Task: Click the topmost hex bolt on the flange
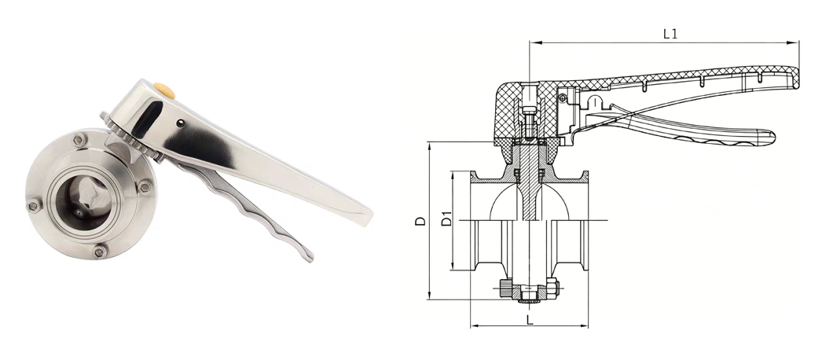(x=79, y=141)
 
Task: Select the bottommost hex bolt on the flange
(x=99, y=252)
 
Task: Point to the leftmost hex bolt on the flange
(x=34, y=204)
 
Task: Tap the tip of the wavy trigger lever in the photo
(x=309, y=258)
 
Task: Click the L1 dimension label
(x=670, y=34)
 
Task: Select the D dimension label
(x=420, y=221)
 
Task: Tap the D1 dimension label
(x=447, y=219)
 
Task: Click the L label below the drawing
(x=529, y=320)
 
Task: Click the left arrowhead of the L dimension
(x=475, y=325)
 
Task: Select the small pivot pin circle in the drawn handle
(x=563, y=97)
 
